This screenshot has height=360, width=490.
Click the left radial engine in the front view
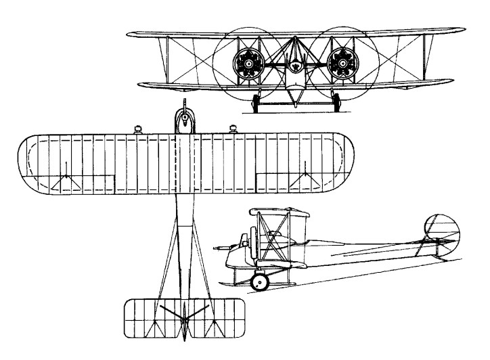coord(248,64)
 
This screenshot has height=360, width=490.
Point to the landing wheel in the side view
coord(259,282)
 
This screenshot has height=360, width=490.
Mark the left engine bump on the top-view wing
coord(138,129)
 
